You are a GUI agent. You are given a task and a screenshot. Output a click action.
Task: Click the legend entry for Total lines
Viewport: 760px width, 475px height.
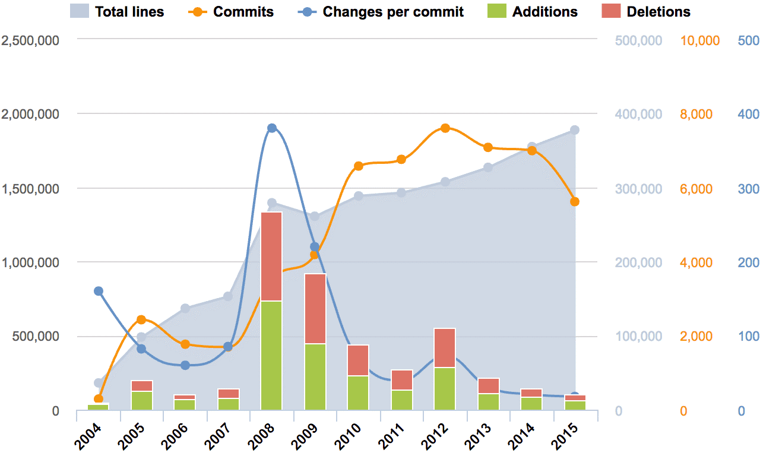[116, 11]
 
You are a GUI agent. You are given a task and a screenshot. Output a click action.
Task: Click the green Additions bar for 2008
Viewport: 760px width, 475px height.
[271, 355]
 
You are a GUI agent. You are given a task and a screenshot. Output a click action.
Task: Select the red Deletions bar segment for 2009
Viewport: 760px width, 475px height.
[315, 308]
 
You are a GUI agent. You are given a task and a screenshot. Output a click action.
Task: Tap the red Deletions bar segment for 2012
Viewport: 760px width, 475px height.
[445, 347]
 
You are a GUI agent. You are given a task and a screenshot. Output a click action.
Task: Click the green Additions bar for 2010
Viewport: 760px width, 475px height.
[358, 392]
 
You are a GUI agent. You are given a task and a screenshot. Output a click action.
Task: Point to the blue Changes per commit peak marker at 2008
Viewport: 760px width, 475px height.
[272, 128]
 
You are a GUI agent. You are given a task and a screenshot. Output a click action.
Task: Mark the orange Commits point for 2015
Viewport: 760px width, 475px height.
[575, 202]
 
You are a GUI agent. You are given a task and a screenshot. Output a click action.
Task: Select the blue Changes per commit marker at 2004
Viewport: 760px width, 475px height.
[99, 291]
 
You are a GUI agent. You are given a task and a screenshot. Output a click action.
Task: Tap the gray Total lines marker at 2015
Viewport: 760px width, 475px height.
[575, 130]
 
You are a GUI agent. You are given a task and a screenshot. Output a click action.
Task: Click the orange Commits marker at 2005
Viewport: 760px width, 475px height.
[141, 320]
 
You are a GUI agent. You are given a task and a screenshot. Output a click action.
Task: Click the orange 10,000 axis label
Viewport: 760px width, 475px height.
[699, 40]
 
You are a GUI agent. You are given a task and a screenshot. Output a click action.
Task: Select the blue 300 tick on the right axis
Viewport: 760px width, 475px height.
[748, 189]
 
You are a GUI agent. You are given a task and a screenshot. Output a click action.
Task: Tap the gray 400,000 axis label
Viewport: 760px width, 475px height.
[638, 114]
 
